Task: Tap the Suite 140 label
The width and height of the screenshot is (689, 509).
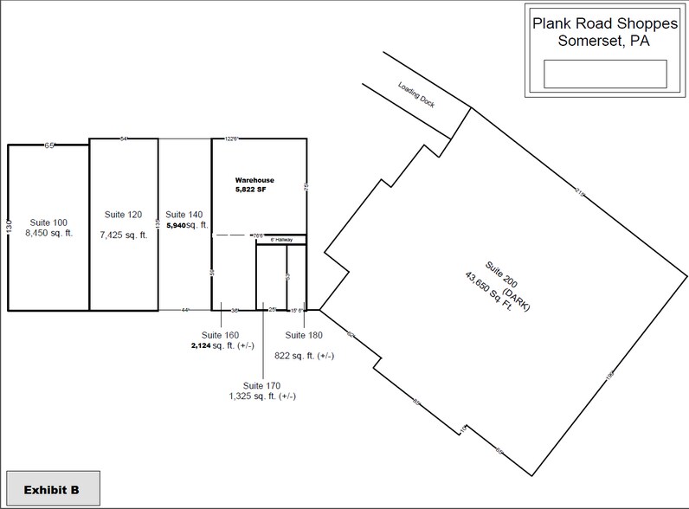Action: click(x=182, y=214)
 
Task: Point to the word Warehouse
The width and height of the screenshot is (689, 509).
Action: click(x=254, y=180)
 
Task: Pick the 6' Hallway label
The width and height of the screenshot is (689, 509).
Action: click(x=283, y=240)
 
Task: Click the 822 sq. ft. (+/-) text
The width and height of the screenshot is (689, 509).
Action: click(x=304, y=355)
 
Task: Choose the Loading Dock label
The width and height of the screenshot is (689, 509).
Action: click(x=416, y=100)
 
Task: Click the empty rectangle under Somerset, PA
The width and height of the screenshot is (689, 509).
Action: click(x=604, y=74)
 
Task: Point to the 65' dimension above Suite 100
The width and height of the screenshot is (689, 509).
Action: click(x=49, y=145)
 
